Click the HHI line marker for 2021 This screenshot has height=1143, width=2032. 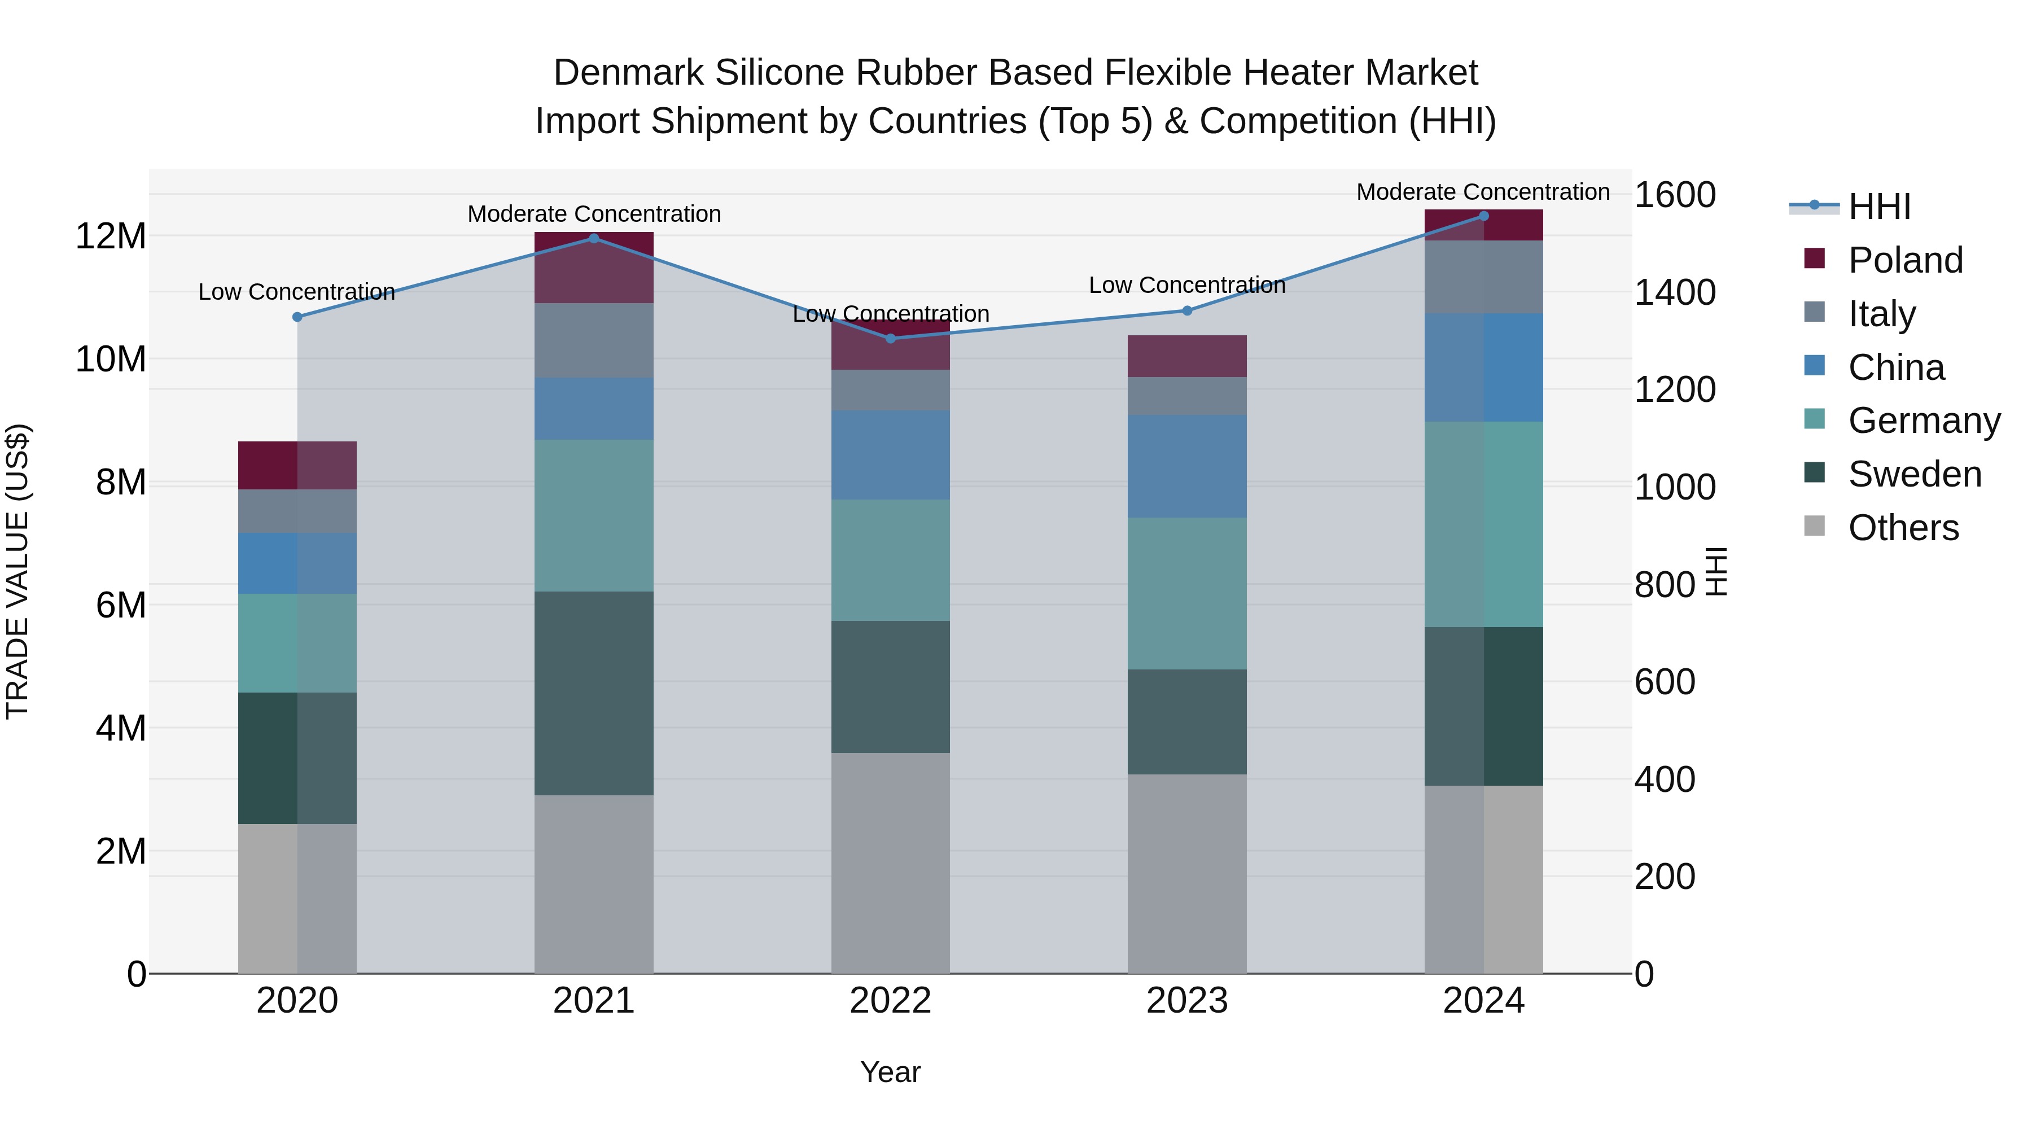[594, 238]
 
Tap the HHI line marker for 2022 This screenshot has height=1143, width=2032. [891, 339]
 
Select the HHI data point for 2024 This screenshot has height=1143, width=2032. [1484, 216]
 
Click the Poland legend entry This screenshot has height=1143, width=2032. [1905, 260]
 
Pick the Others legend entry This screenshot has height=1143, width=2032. [1903, 528]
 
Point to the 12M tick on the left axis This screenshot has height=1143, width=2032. [111, 236]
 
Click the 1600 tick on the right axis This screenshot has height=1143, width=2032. [1675, 195]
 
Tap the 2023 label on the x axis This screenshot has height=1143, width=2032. [1186, 1001]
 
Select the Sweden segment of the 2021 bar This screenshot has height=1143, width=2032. [594, 693]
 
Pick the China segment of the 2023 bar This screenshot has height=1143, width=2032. [1186, 466]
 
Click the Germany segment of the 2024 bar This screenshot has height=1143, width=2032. [1484, 524]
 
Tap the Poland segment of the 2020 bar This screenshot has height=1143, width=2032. [297, 466]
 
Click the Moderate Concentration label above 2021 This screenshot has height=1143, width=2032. [594, 214]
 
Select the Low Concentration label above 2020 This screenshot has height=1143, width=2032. [296, 292]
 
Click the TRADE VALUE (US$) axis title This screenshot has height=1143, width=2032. [17, 571]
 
